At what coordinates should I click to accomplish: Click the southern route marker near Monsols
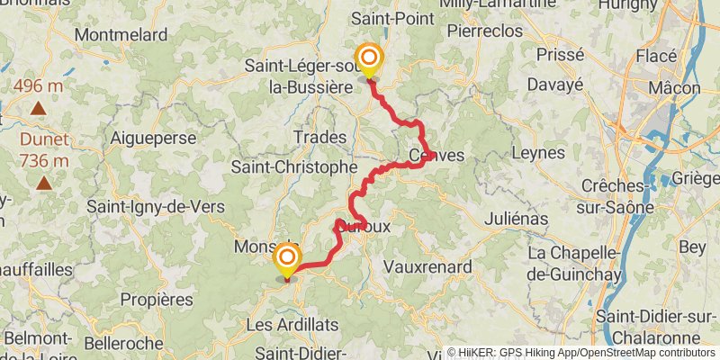coord(287,259)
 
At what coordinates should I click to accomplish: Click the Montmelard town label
coord(121,35)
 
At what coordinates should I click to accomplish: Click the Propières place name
coord(157,299)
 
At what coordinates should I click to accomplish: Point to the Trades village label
coord(319,137)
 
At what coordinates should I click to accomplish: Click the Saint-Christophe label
coord(294,167)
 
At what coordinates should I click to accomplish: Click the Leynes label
coord(537,154)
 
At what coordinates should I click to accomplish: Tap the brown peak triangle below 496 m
coord(39,109)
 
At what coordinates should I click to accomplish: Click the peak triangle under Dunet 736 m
coord(43,183)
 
